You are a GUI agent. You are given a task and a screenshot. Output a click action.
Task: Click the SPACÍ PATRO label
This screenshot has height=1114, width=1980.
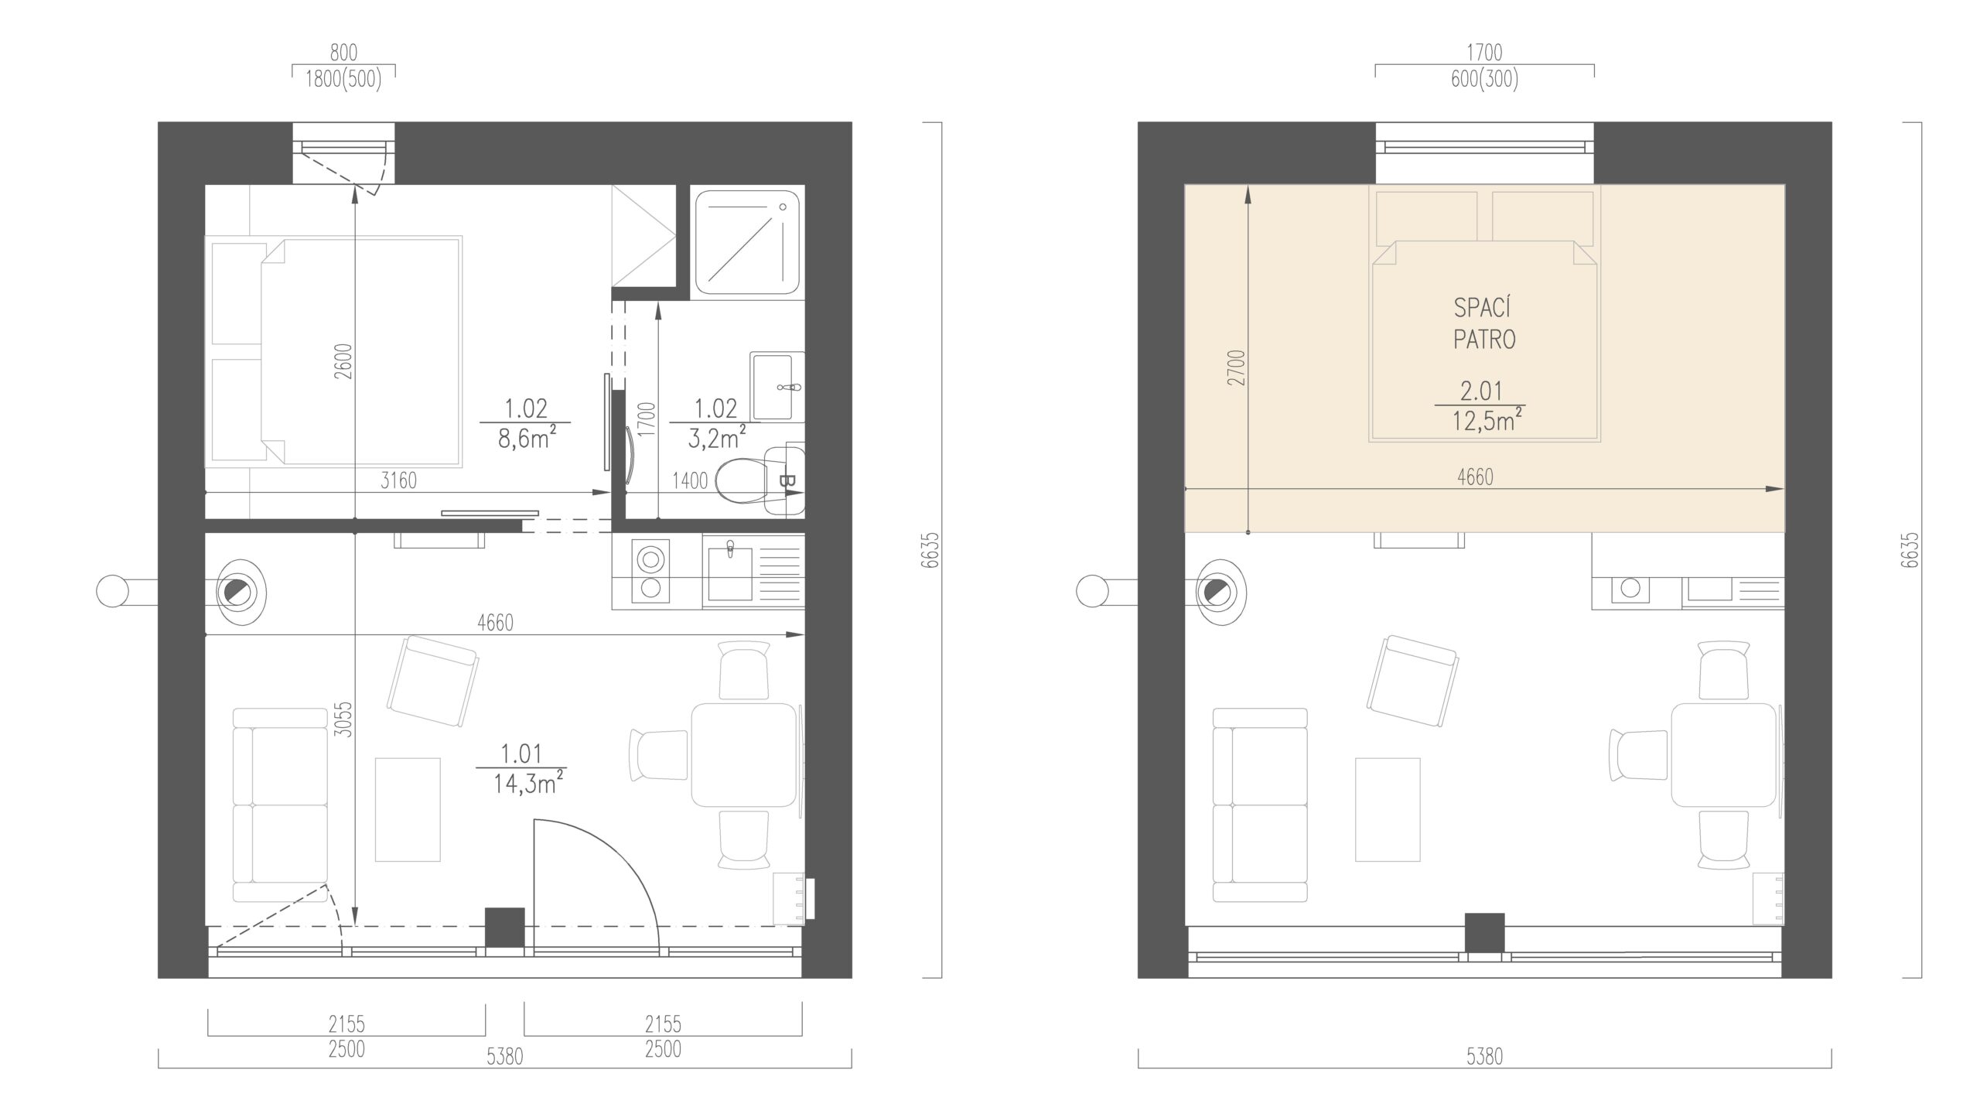[1483, 323]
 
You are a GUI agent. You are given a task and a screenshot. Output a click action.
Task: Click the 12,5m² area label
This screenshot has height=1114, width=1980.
[1482, 422]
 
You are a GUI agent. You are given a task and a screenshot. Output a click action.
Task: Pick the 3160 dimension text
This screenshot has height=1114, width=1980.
[398, 480]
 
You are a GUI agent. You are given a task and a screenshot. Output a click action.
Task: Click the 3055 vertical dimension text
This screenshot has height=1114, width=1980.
[345, 719]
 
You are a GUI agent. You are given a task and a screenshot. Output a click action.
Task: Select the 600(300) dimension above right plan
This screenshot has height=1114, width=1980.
[1484, 80]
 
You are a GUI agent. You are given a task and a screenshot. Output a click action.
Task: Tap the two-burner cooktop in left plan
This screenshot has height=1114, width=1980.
[650, 572]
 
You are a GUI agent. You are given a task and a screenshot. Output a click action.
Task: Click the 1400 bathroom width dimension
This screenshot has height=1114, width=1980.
[690, 480]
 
